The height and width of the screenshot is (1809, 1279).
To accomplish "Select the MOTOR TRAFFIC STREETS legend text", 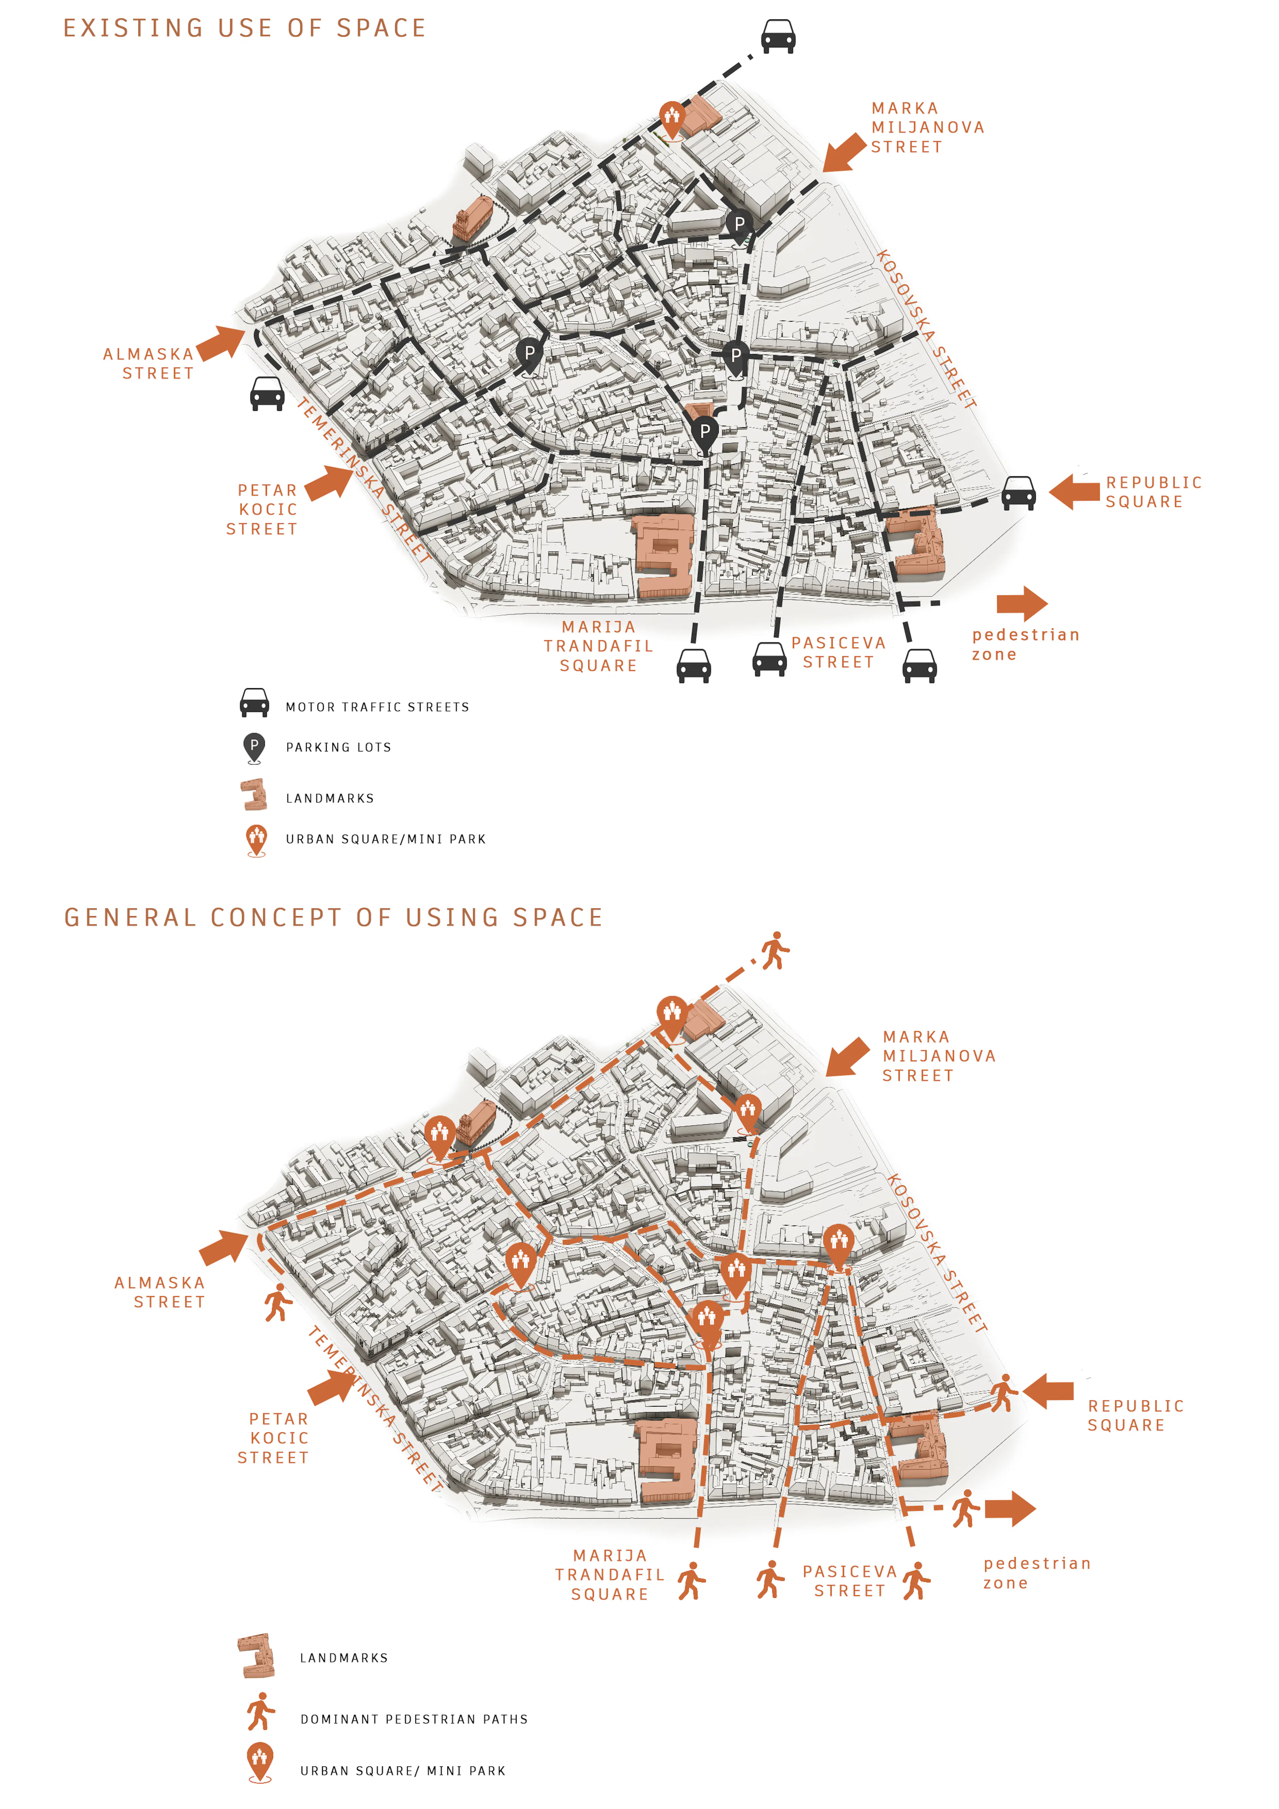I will pyautogui.click(x=377, y=708).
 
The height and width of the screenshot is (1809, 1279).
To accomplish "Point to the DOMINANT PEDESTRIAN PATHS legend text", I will pyautogui.click(x=414, y=1719).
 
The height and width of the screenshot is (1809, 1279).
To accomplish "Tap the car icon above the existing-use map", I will pyautogui.click(x=778, y=36).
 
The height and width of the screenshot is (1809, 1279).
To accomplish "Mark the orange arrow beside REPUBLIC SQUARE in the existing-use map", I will pyautogui.click(x=1074, y=492).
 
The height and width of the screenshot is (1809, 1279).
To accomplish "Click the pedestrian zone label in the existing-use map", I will pyautogui.click(x=1025, y=644).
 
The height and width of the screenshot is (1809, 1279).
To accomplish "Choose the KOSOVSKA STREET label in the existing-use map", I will pyautogui.click(x=926, y=329).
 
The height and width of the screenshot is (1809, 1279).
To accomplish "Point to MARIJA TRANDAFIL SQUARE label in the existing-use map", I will pyautogui.click(x=598, y=646).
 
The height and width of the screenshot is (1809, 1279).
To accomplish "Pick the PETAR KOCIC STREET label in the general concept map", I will pyautogui.click(x=273, y=1438).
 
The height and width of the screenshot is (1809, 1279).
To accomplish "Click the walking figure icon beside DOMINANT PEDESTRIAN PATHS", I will pyautogui.click(x=260, y=1711).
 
